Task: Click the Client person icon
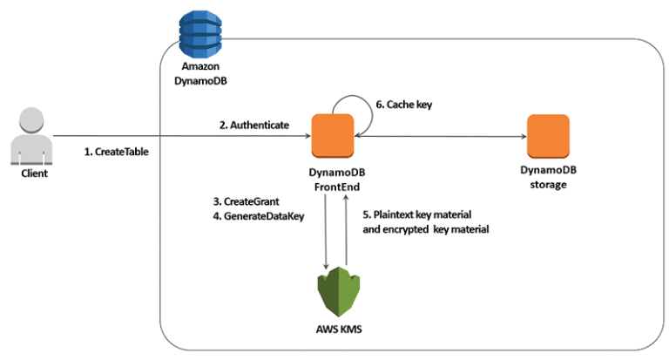pos(31,137)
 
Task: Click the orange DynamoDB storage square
pos(547,136)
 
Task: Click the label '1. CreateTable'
pos(117,151)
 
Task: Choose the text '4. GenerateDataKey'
pos(258,217)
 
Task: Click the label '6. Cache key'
pos(402,105)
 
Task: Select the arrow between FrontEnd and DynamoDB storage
pos(440,136)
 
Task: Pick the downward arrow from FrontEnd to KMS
pos(326,230)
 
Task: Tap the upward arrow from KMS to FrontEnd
pos(347,230)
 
